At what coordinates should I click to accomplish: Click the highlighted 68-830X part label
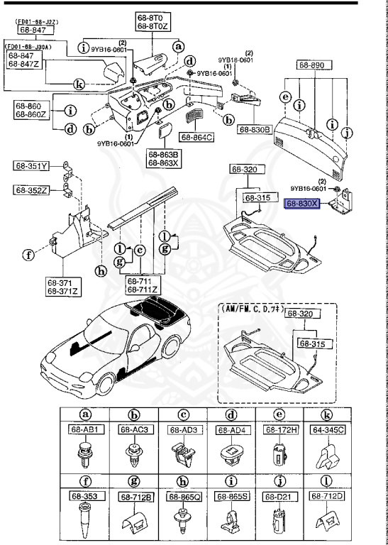click(303, 203)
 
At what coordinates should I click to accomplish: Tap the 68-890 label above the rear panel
click(311, 65)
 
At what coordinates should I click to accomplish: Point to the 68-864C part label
click(196, 137)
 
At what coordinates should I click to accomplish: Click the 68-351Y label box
click(31, 167)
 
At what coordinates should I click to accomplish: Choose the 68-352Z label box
click(31, 189)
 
